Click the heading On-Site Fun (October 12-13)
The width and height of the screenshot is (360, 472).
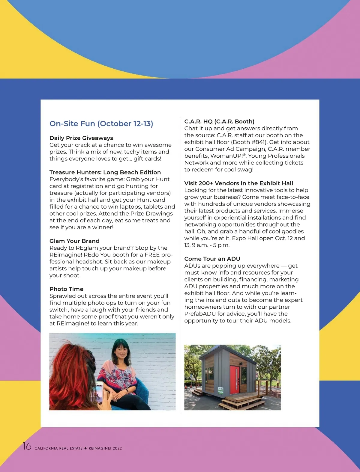(x=101, y=123)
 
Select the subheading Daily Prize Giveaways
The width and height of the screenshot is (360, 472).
(x=81, y=138)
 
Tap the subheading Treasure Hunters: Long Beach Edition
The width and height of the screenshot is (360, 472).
(x=105, y=172)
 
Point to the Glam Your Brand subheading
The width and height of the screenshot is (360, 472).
(x=74, y=241)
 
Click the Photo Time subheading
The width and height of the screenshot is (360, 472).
(x=66, y=289)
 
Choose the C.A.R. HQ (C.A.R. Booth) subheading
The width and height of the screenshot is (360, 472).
(x=219, y=121)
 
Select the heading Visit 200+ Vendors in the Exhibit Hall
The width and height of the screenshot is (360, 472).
(x=238, y=183)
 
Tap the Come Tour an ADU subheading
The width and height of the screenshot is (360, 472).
(x=212, y=259)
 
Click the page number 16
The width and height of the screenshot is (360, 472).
(x=27, y=446)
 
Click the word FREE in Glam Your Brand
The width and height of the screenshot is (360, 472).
(x=152, y=255)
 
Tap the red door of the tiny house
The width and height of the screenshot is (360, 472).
(x=234, y=379)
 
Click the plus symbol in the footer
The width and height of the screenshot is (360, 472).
(x=85, y=448)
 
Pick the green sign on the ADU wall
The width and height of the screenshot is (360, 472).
(x=221, y=390)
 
